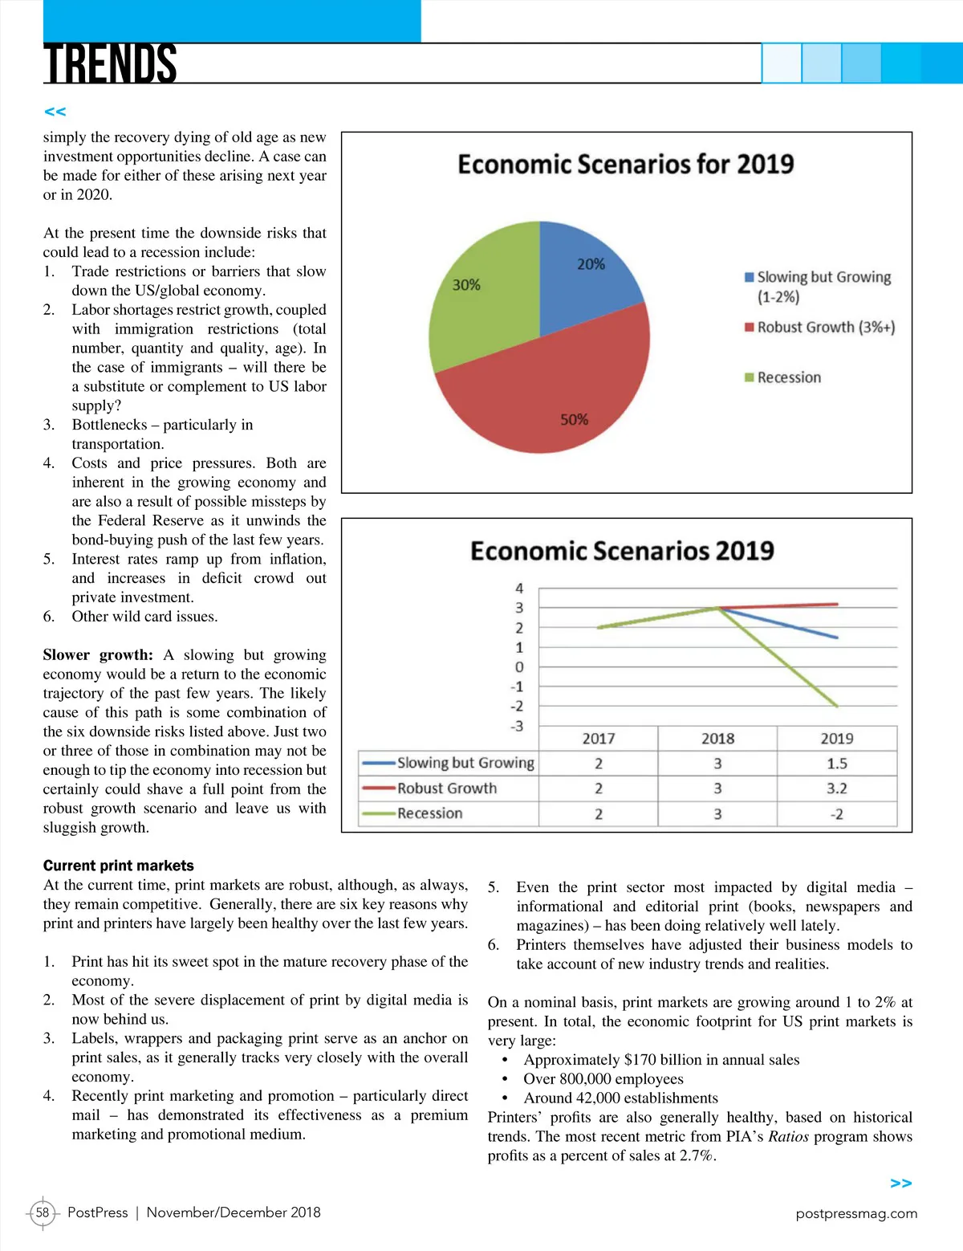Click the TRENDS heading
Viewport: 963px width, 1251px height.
(x=110, y=63)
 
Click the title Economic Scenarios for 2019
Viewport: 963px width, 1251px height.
(x=625, y=165)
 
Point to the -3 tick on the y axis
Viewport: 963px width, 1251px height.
(x=518, y=726)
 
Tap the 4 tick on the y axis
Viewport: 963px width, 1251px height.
(x=519, y=589)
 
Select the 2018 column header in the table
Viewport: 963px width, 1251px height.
(x=717, y=739)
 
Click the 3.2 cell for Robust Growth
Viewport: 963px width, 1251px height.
(x=836, y=788)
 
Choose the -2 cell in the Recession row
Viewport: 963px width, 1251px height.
(x=836, y=814)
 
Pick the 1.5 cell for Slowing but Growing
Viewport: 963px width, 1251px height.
(x=836, y=764)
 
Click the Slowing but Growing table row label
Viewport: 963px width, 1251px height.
(x=465, y=763)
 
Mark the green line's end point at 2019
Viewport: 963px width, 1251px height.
(x=837, y=706)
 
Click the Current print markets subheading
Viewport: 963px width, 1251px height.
(x=119, y=866)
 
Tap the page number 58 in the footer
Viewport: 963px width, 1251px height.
(x=43, y=1212)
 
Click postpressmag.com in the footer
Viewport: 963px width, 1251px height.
(x=856, y=1213)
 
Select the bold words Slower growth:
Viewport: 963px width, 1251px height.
(x=98, y=655)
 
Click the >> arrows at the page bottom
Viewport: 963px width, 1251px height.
(x=901, y=1184)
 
